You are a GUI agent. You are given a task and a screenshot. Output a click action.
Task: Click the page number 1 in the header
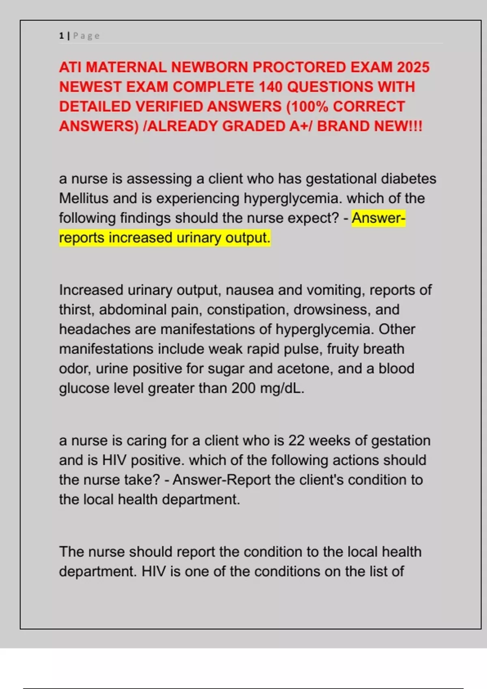coord(61,36)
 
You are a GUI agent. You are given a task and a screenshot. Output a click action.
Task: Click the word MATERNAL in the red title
coord(126,67)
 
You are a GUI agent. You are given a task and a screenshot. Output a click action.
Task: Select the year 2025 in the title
coord(413,67)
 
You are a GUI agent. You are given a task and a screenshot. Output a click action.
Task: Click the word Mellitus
coord(84,199)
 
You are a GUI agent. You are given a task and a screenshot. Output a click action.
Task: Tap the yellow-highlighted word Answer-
coord(378,218)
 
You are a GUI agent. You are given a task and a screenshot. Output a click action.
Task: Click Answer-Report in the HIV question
coord(222,480)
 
